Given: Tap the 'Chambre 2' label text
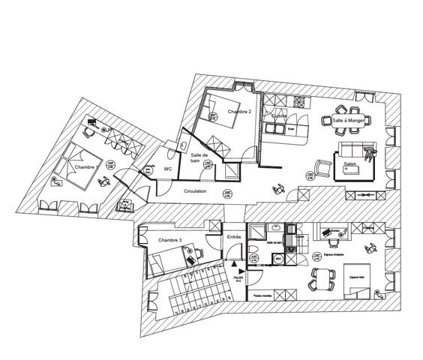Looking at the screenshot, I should coord(238,112).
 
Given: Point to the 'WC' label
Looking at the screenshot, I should coord(169,169).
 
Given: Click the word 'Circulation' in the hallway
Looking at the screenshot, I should coord(195,191).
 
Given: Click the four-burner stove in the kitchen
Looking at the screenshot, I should coord(299,100).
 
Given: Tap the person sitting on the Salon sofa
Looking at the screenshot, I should coord(368,153).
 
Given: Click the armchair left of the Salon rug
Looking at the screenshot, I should coord(322,166).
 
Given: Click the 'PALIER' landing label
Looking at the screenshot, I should coord(238,278).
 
